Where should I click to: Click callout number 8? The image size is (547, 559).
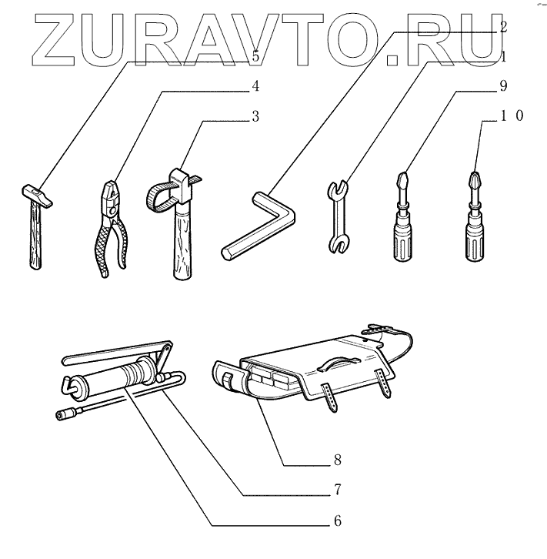(x=338, y=461)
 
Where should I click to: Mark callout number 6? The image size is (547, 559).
(x=338, y=521)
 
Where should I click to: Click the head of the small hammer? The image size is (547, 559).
(x=35, y=193)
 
